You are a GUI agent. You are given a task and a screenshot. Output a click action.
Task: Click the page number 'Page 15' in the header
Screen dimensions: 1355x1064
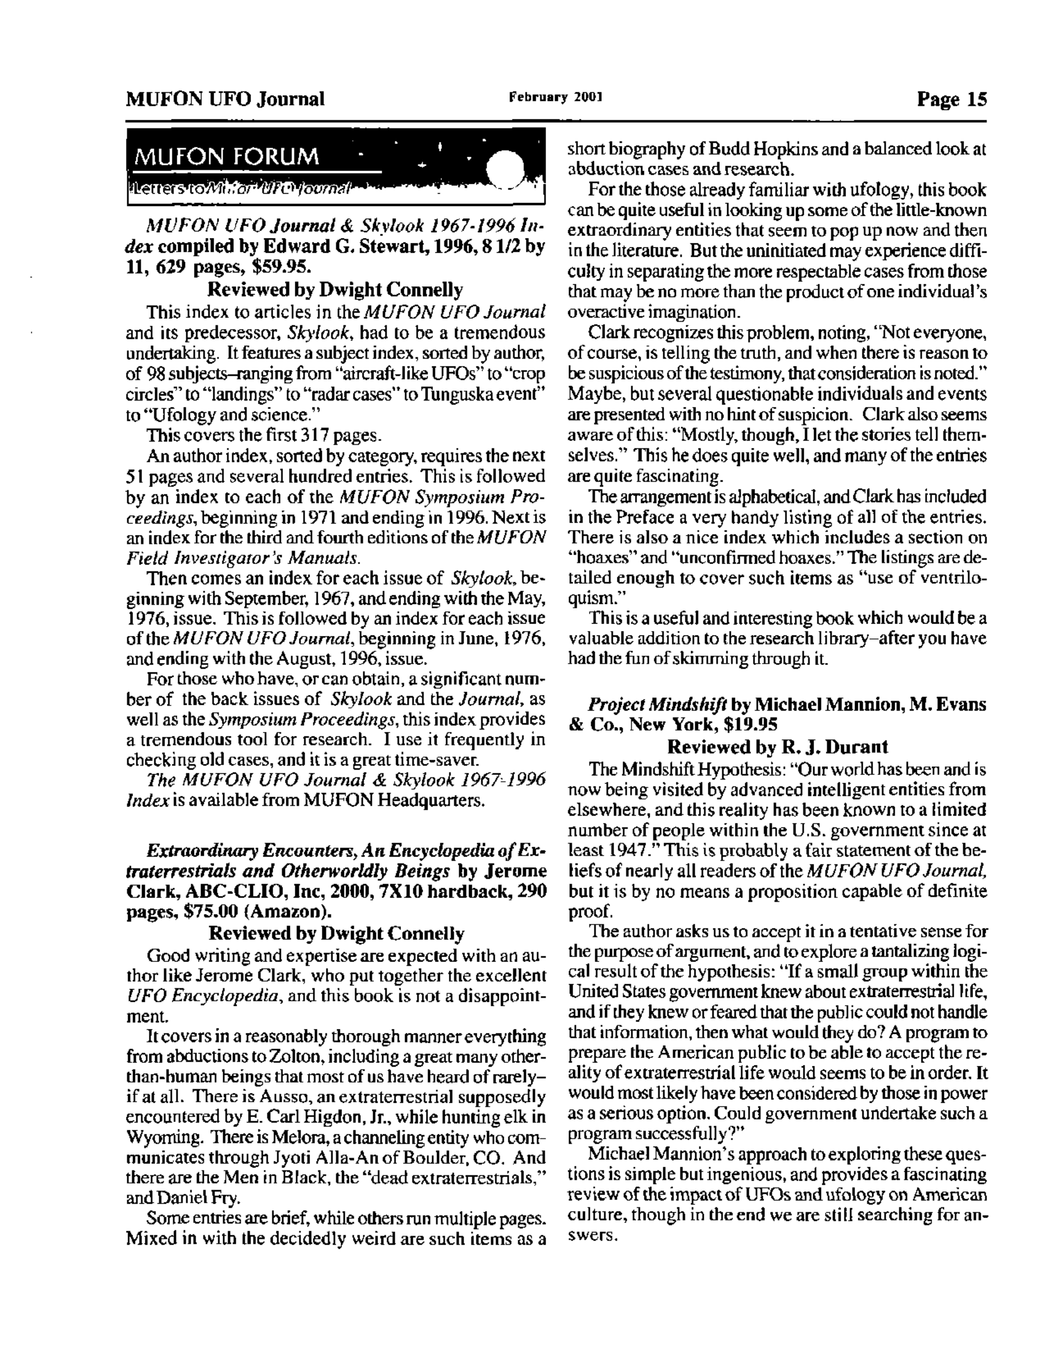(x=952, y=99)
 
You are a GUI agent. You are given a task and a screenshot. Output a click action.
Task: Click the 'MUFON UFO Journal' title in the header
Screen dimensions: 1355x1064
(x=225, y=99)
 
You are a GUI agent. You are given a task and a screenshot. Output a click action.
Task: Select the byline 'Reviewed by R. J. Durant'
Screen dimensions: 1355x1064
(x=777, y=747)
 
